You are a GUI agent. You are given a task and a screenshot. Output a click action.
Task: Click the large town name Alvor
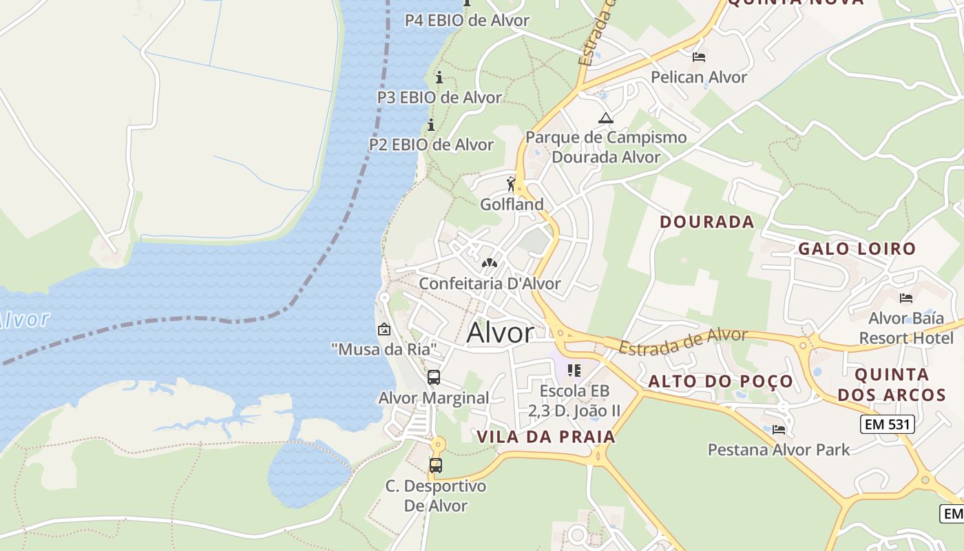[500, 333]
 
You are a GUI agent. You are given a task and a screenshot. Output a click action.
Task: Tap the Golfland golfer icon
[511, 184]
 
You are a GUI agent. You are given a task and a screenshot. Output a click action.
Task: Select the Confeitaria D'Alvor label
[490, 283]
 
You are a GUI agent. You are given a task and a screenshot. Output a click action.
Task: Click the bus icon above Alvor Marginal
[434, 377]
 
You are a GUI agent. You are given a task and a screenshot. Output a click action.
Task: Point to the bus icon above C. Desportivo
[435, 465]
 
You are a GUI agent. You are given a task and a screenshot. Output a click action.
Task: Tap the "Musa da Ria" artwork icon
[384, 329]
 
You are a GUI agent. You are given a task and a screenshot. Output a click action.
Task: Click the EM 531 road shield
[888, 424]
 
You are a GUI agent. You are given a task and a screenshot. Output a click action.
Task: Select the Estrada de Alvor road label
[682, 340]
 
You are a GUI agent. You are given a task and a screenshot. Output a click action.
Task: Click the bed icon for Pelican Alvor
[699, 57]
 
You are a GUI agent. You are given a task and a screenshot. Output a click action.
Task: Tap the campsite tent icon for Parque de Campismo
[605, 118]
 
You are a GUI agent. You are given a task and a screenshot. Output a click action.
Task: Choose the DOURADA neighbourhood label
[706, 222]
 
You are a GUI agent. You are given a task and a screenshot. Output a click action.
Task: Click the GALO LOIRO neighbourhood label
[857, 249]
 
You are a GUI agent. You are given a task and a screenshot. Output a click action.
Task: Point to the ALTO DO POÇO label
[720, 382]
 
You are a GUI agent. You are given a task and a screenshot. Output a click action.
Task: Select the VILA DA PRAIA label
[546, 437]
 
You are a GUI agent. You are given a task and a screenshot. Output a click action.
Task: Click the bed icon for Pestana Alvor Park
[779, 429]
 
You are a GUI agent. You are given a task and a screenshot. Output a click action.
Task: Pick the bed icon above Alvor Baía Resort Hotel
[906, 298]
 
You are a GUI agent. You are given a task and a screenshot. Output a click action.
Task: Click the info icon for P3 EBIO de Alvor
[439, 77]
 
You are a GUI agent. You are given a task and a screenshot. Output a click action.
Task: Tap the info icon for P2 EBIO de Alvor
[431, 125]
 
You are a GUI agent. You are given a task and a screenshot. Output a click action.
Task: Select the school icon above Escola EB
[574, 371]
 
